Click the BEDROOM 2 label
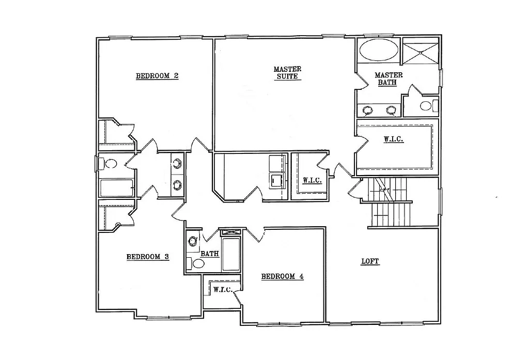coord(157,76)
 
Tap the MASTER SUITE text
coord(288,72)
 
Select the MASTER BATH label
coord(388,79)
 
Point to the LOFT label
coord(370,261)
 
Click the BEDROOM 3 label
coord(148,257)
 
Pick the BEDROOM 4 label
coord(282,276)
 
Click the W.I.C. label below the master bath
coord(393,139)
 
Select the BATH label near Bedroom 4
coord(209,254)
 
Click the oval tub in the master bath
coord(379,51)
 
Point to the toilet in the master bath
coord(426,106)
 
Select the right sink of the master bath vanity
coord(392,109)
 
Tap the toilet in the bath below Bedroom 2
coord(110,164)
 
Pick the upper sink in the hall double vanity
coord(178,163)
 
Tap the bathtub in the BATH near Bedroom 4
coord(231,254)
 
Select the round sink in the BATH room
coord(193,241)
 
